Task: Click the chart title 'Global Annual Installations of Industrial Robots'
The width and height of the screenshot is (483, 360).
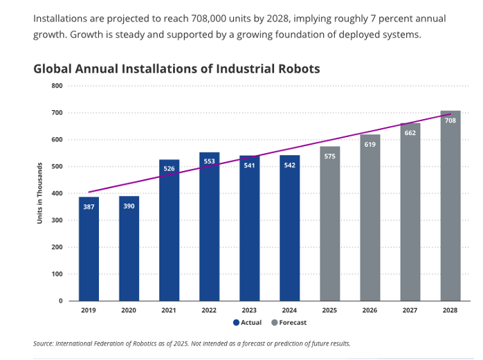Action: [x=176, y=69]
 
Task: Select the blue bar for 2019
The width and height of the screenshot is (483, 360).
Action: [x=89, y=249]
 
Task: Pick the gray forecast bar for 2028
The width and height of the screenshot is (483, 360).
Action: [x=450, y=208]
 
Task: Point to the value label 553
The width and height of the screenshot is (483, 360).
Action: [x=209, y=161]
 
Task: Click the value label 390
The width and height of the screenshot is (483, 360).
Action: [x=129, y=206]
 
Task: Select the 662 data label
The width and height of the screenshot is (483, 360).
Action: [x=410, y=132]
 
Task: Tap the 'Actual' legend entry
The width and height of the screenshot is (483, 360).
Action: [x=247, y=323]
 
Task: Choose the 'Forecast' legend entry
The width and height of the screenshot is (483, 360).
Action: [x=289, y=323]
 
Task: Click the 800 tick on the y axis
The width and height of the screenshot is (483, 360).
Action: [x=57, y=86]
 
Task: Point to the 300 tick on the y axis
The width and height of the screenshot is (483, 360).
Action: [x=57, y=220]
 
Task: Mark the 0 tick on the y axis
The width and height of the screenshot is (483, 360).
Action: [x=60, y=301]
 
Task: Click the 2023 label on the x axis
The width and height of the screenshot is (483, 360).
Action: [x=249, y=311]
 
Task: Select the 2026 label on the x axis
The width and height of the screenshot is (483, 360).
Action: [x=370, y=311]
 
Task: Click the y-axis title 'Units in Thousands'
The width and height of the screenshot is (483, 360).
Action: [x=40, y=192]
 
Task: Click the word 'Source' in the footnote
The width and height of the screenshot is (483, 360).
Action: [x=43, y=343]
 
